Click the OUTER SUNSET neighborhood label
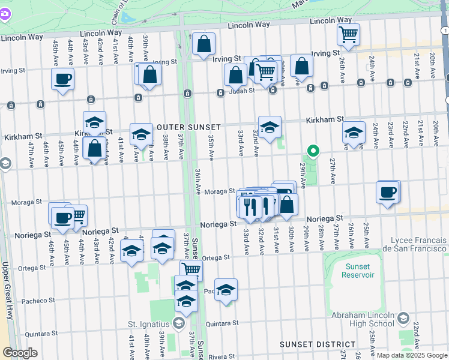coord(188,127)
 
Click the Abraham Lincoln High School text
coord(361,319)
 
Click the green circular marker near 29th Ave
coord(312,151)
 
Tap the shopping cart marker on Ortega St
coord(191,269)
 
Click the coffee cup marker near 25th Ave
coord(388,193)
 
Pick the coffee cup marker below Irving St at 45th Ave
coord(62,79)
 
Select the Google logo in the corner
coord(20,352)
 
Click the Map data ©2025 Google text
coord(411,355)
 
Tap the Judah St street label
coord(244,91)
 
